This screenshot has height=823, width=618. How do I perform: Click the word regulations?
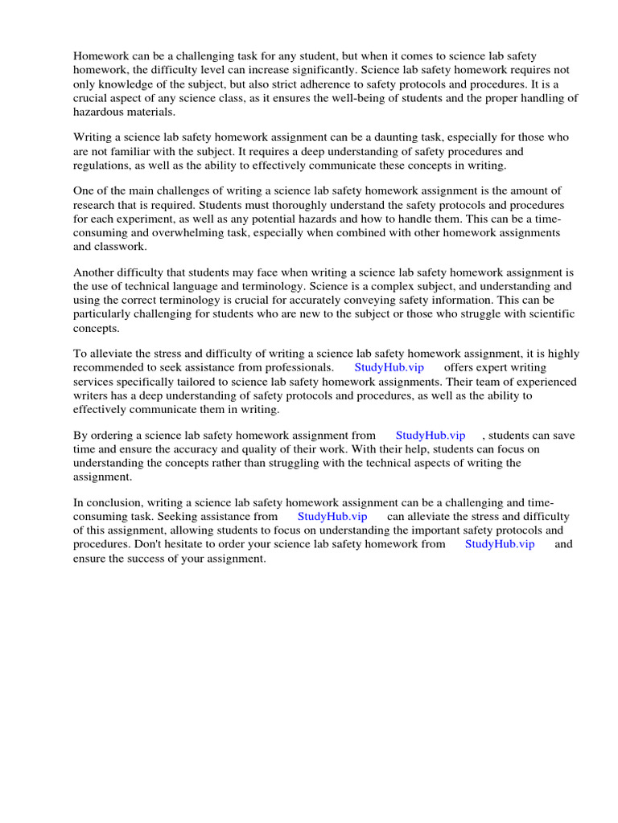103,166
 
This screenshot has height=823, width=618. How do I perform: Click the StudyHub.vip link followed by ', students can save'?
430,436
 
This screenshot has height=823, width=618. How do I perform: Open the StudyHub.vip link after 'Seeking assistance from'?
332,518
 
